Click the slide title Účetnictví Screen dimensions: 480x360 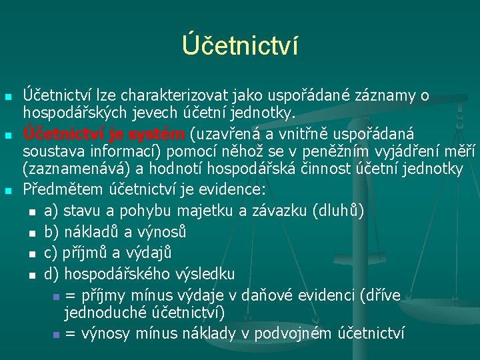click(240, 45)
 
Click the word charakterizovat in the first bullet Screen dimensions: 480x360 click(174, 95)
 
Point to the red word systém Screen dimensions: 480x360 click(156, 135)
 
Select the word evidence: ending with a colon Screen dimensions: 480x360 click(232, 189)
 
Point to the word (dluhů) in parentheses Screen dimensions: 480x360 click(338, 211)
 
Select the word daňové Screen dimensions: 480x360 click(266, 295)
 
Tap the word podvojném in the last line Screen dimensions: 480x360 click(293, 333)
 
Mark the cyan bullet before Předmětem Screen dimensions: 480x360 click(8, 191)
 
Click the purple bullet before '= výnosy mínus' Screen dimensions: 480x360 click(56, 335)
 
